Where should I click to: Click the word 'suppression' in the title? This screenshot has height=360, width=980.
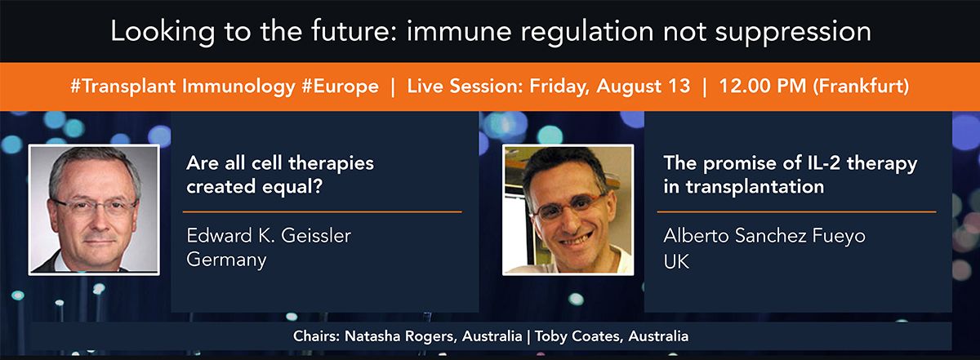[x=793, y=33]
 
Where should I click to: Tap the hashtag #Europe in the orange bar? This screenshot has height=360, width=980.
[x=340, y=87]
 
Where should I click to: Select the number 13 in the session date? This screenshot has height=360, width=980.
[x=679, y=86]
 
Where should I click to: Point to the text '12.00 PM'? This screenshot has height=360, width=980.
[x=762, y=86]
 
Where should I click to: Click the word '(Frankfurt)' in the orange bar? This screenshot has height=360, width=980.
[x=861, y=87]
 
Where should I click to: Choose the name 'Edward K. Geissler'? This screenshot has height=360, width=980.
[x=269, y=235]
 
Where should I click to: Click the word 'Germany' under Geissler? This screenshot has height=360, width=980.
[x=226, y=260]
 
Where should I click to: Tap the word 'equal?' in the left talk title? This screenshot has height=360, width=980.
[x=292, y=187]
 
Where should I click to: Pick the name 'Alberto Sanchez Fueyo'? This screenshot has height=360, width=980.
[x=764, y=236]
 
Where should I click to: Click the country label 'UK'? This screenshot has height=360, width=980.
[x=676, y=261]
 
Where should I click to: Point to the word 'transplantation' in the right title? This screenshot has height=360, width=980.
[x=755, y=187]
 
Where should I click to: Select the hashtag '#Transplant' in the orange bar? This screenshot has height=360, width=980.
[x=123, y=87]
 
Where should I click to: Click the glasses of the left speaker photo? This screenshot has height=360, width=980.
[x=95, y=207]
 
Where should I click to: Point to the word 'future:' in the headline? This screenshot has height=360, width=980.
[x=354, y=32]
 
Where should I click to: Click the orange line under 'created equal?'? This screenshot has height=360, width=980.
[x=323, y=211]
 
